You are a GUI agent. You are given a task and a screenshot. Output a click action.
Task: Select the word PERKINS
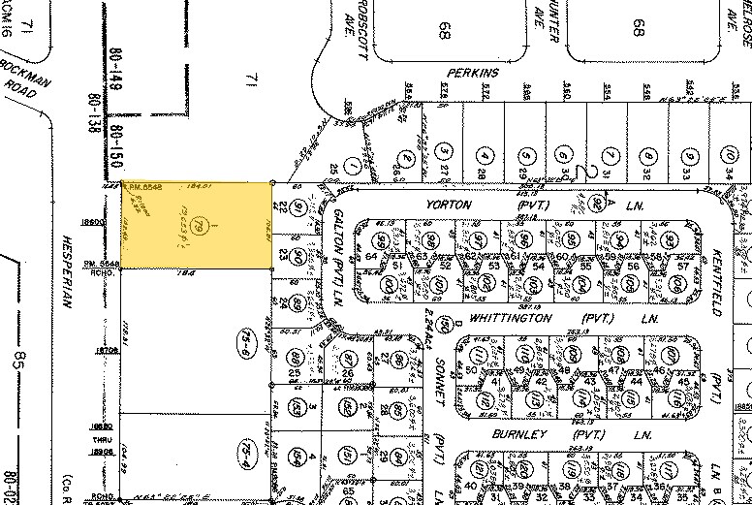point(471,73)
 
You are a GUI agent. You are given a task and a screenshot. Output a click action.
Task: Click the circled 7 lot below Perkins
point(608,155)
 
